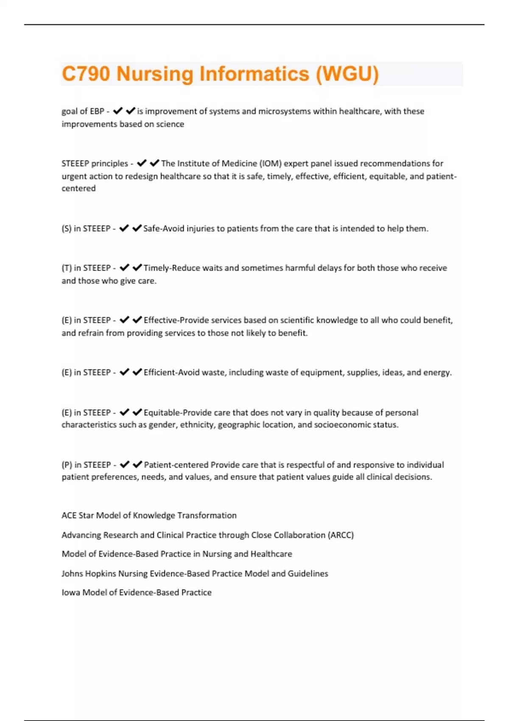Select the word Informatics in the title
tap(254, 74)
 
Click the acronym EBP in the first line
tap(97, 111)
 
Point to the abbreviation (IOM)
tap(270, 163)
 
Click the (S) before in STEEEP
tap(67, 229)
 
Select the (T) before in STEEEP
tap(67, 268)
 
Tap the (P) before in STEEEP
tap(67, 465)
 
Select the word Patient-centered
tap(176, 465)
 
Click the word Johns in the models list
tap(72, 573)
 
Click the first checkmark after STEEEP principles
tap(142, 163)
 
